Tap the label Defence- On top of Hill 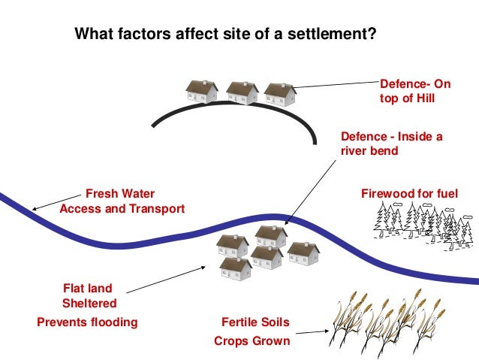408,91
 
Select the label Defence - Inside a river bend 391,144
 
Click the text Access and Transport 122,209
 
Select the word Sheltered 89,304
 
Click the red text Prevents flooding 87,322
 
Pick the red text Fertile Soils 255,322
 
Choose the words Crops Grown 252,340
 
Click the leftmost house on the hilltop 202,91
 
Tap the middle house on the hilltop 242,92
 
